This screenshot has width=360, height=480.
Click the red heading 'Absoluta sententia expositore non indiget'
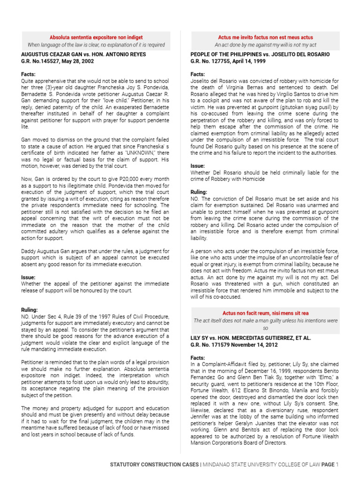(96, 37)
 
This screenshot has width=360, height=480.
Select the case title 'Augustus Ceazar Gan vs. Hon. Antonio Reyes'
(83, 54)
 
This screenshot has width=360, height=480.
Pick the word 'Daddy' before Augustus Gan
(30, 251)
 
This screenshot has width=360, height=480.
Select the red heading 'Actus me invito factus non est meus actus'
(265, 37)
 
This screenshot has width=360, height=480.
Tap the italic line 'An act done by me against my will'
(265, 45)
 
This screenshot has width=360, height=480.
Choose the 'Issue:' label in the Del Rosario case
(197, 166)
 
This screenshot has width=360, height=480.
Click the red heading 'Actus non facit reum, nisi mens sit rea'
(265, 313)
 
